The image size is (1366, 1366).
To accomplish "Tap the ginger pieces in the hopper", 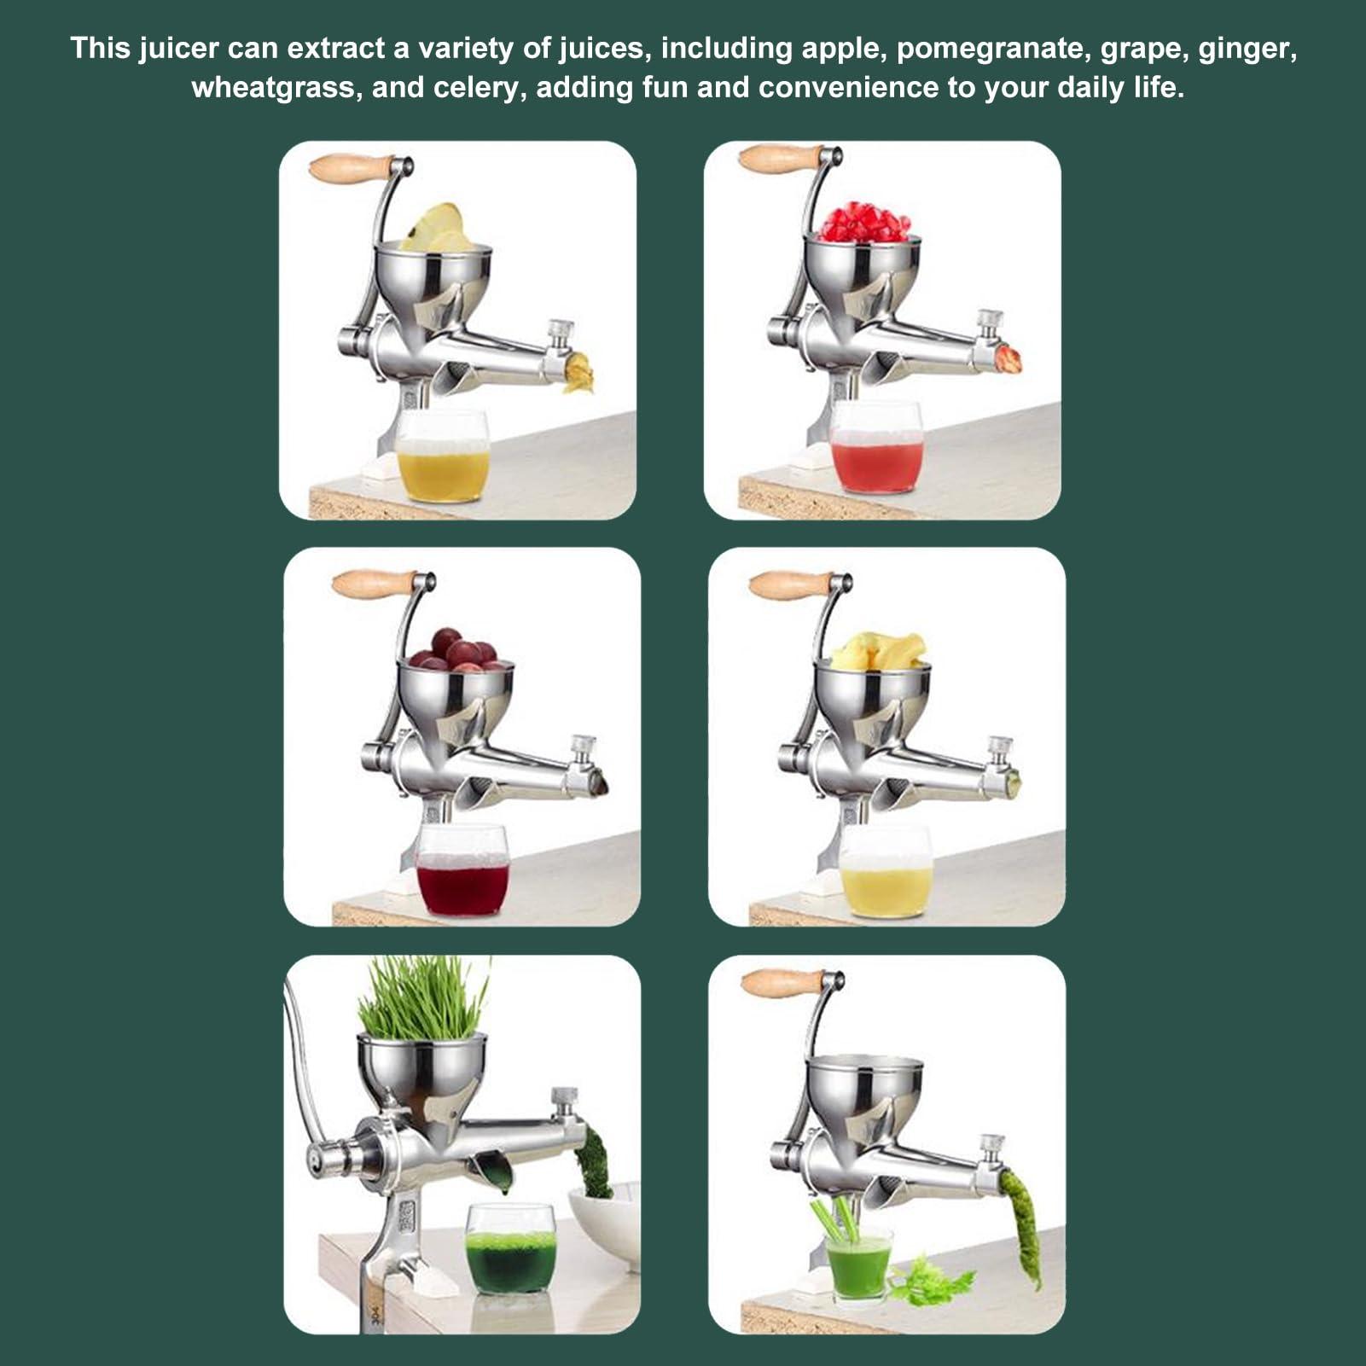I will pyautogui.click(x=879, y=652).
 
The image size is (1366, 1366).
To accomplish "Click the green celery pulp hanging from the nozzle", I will pyautogui.click(x=1024, y=1229).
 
